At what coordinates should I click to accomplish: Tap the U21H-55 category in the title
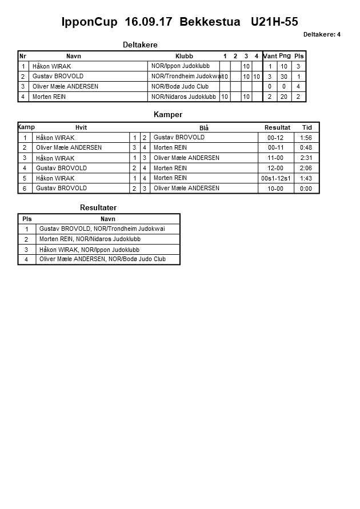point(274,22)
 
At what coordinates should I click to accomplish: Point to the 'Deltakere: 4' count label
point(322,34)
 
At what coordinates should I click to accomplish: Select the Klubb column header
point(184,56)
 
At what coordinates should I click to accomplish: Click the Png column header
point(285,56)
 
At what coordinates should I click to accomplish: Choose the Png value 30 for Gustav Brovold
point(285,77)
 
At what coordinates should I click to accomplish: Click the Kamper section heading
point(168,115)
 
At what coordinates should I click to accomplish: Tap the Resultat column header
point(277,127)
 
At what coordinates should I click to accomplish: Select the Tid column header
point(307,127)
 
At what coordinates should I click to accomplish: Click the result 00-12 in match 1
point(275,138)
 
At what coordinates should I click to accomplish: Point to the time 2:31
point(306,158)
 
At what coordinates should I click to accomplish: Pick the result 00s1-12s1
point(275,178)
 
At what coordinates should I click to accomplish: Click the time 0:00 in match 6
point(306,189)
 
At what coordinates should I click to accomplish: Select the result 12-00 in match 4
point(275,168)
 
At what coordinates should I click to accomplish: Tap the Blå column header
point(204,128)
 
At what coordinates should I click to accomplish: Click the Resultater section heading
point(98,208)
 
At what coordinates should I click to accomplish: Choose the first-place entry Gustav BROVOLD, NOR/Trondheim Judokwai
point(102,229)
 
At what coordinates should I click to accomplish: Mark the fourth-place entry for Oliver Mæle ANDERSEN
point(102,259)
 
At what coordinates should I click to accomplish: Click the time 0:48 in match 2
point(306,147)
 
